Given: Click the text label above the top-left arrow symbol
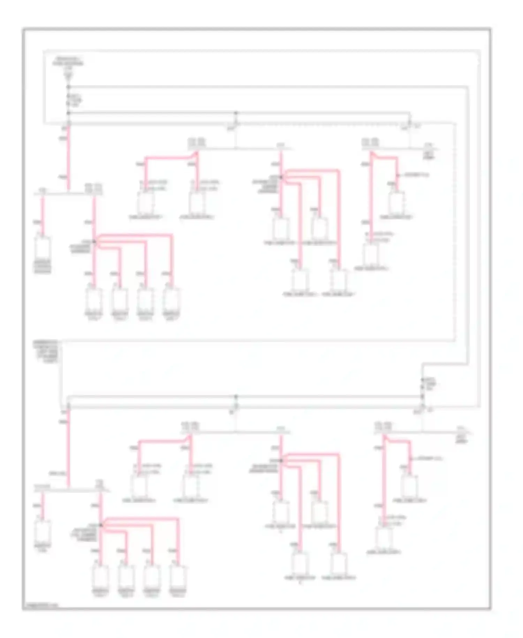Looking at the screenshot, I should click(68, 61).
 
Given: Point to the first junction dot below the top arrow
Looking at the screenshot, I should click(69, 87).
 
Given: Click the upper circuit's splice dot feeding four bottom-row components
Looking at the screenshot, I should click(94, 242).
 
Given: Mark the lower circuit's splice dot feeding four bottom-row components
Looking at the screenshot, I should click(101, 525).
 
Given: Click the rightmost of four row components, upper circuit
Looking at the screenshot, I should click(172, 299).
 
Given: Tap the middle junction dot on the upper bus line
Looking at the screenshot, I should click(236, 113).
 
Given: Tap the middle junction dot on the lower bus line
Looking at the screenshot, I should click(236, 397).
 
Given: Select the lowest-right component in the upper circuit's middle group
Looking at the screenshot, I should click(338, 280).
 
